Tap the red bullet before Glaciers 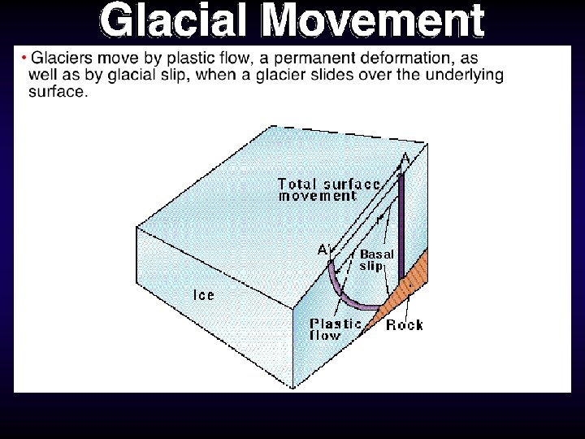pyautogui.click(x=24, y=58)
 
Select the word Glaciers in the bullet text pyautogui.click(x=58, y=59)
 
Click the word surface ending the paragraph pyautogui.click(x=56, y=91)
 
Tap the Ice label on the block pyautogui.click(x=203, y=294)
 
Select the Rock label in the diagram pyautogui.click(x=404, y=325)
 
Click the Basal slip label pyautogui.click(x=376, y=259)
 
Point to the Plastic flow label pyautogui.click(x=335, y=329)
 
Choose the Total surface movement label pyautogui.click(x=328, y=189)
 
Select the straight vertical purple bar pyautogui.click(x=401, y=236)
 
